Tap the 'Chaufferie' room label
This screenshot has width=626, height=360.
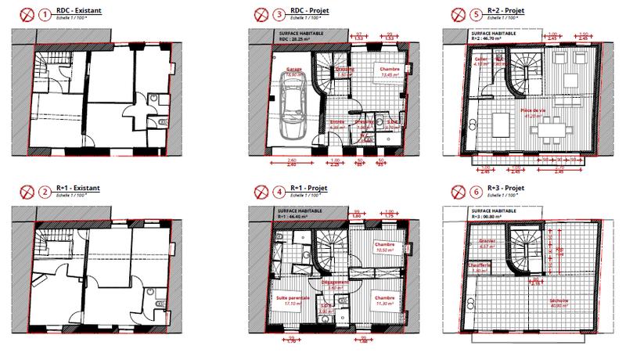pos(479,265)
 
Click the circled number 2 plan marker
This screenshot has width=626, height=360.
pos(44,191)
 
